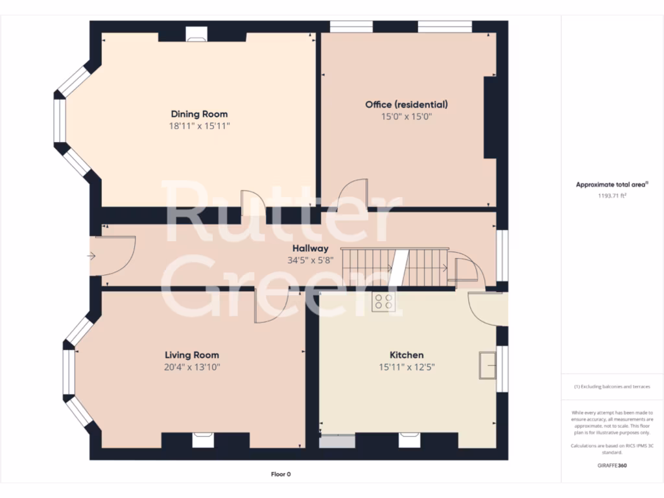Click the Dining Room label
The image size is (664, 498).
(x=199, y=114)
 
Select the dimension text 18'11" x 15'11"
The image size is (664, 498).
(x=199, y=126)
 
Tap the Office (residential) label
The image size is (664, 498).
(x=406, y=104)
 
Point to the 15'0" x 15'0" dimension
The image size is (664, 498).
(x=406, y=117)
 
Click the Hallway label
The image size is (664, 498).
(x=310, y=248)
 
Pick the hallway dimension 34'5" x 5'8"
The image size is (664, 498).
(x=310, y=261)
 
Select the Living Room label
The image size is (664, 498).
(x=191, y=355)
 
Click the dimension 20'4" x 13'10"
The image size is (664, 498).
(x=191, y=367)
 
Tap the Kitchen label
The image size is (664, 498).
(x=406, y=355)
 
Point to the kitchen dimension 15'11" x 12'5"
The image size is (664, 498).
(x=406, y=367)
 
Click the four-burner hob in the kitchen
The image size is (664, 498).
(x=383, y=301)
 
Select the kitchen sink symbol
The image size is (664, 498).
(x=486, y=365)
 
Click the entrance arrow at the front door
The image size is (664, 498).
(x=92, y=256)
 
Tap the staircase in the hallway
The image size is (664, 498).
(x=394, y=267)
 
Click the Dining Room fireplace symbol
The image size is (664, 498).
(x=195, y=34)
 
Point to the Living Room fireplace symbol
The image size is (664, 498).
(x=200, y=442)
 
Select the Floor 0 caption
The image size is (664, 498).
(x=281, y=475)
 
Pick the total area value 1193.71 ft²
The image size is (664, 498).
(x=611, y=195)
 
